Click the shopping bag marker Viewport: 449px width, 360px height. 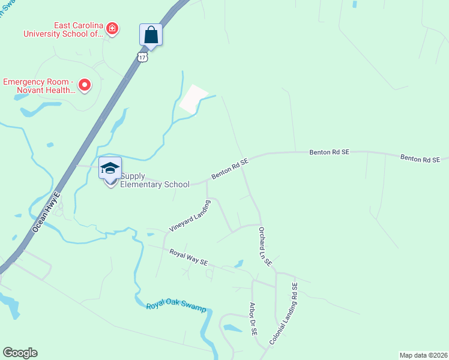pyautogui.click(x=151, y=35)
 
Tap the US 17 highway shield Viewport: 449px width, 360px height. pyautogui.click(x=142, y=56)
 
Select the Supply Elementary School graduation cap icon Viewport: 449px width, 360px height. pyautogui.click(x=110, y=169)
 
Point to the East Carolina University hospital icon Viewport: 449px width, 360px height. pyautogui.click(x=112, y=28)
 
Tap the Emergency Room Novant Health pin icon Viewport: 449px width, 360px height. pyautogui.click(x=85, y=85)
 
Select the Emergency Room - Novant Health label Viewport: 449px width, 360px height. pyautogui.click(x=38, y=86)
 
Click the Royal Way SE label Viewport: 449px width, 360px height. pyautogui.click(x=188, y=257)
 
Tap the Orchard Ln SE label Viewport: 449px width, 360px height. pyautogui.click(x=265, y=246)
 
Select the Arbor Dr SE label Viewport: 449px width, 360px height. pyautogui.click(x=253, y=323)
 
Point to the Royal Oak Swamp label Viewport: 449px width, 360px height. pyautogui.click(x=176, y=308)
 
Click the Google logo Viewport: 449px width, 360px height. pyautogui.click(x=20, y=353)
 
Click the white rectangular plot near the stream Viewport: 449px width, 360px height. pyautogui.click(x=193, y=99)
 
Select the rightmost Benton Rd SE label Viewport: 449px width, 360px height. pyautogui.click(x=420, y=158)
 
